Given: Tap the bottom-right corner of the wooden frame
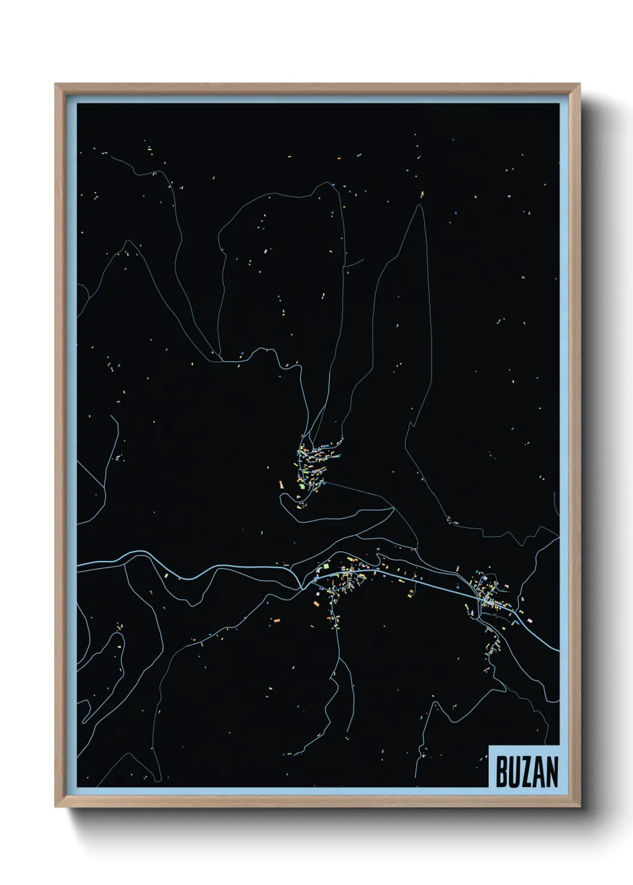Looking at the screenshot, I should (x=580, y=808).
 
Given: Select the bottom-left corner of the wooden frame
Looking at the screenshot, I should (x=56, y=808).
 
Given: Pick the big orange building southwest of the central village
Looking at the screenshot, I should (x=276, y=622).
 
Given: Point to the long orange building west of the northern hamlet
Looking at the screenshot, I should (x=279, y=482).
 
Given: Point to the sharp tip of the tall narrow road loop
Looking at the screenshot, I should (x=422, y=206).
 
